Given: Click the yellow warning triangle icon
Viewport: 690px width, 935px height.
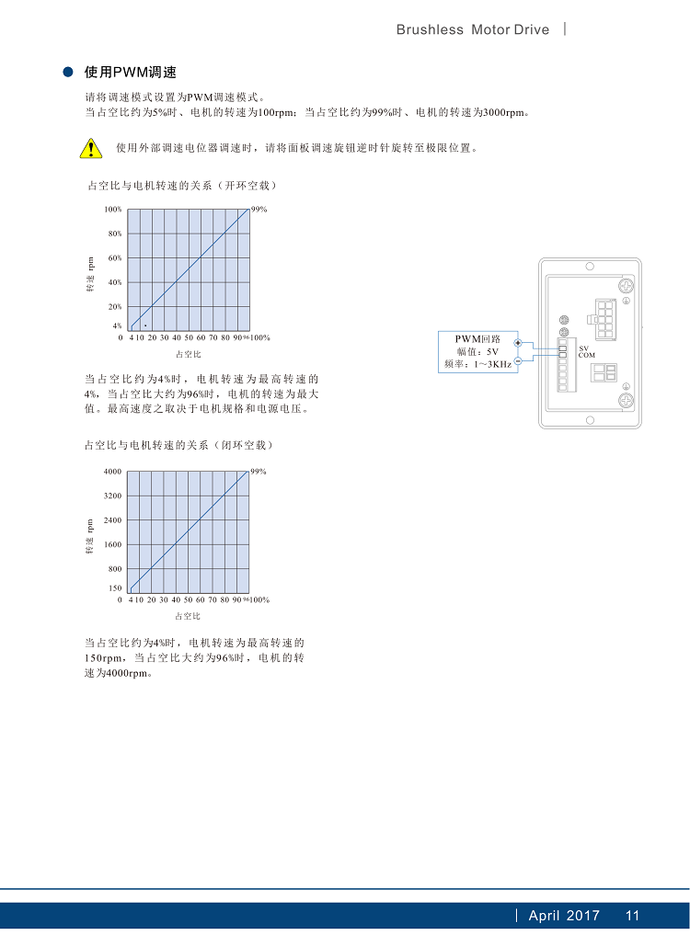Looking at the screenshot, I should coord(90,147).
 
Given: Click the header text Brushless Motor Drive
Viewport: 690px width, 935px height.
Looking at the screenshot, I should coord(472,29).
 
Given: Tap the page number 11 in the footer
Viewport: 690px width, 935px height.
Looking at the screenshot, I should coord(632,916).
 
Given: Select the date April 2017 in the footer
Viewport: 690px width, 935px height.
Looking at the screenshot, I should coord(564,916).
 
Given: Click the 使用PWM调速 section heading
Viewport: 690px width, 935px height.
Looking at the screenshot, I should coord(130,72).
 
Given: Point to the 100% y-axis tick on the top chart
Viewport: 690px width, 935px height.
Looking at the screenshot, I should coord(113,210).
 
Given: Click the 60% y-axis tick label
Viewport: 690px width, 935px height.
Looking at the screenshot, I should coord(115,258).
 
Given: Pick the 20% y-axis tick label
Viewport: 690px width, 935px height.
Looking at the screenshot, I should coord(115,307).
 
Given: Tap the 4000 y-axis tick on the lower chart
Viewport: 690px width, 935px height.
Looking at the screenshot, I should coord(112,472).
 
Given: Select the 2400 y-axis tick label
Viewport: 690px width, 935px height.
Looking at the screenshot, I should coord(112,520).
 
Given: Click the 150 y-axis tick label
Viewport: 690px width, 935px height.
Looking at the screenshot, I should coord(115,587).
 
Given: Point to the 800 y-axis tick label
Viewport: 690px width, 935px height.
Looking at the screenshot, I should coord(115,569).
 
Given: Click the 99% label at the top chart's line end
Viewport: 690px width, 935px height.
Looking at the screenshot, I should coord(259,210).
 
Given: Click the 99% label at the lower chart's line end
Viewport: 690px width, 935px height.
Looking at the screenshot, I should coord(259,472).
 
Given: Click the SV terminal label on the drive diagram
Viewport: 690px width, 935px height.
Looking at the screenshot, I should coord(583,348).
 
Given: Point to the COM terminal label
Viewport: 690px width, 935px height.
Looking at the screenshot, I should coord(587,355).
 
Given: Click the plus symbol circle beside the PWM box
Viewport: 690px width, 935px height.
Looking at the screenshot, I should coord(518,343).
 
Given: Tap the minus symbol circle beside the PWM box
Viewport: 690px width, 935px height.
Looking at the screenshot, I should coord(518,361).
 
